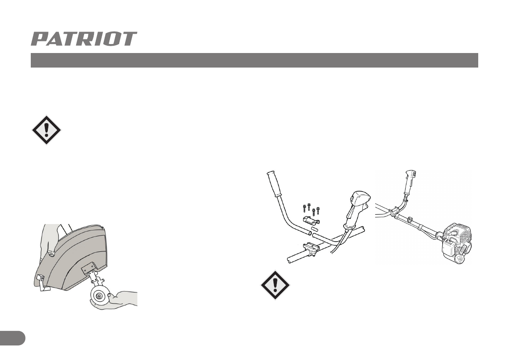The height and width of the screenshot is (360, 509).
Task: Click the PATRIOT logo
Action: [x=84, y=39]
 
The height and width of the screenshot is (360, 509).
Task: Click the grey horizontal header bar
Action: [x=254, y=60]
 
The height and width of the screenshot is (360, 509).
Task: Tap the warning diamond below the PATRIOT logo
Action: [x=47, y=130]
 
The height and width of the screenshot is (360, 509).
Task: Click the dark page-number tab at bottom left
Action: [x=12, y=337]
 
